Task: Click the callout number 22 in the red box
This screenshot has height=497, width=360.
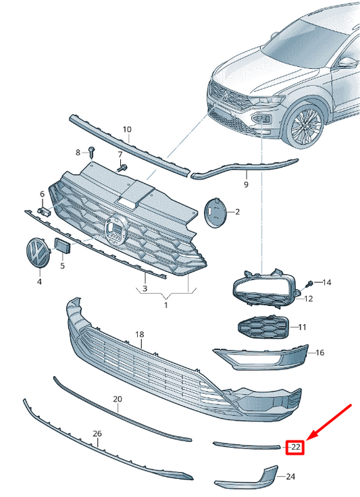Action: point(295,446)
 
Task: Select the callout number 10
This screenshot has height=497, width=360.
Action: point(127,128)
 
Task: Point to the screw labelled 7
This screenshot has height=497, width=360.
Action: point(122,167)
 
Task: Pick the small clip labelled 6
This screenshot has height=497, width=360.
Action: point(45,211)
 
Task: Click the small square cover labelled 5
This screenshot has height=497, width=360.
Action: point(62,246)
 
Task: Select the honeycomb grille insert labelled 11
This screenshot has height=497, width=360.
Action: point(262,328)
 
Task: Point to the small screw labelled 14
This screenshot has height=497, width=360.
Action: point(310,282)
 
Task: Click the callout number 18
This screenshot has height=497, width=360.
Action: point(140,334)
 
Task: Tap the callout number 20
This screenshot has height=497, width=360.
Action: point(118,399)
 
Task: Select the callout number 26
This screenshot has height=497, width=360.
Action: point(97,433)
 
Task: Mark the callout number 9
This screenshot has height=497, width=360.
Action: point(246,184)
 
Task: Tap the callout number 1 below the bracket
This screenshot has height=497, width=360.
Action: point(165,305)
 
